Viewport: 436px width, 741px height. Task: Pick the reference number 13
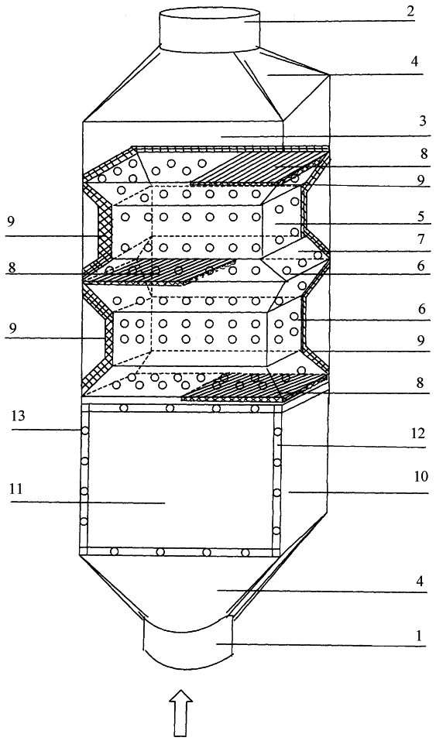coord(18,417)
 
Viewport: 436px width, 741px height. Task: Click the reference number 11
coord(19,490)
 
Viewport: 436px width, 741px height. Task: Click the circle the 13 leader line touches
coord(85,431)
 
